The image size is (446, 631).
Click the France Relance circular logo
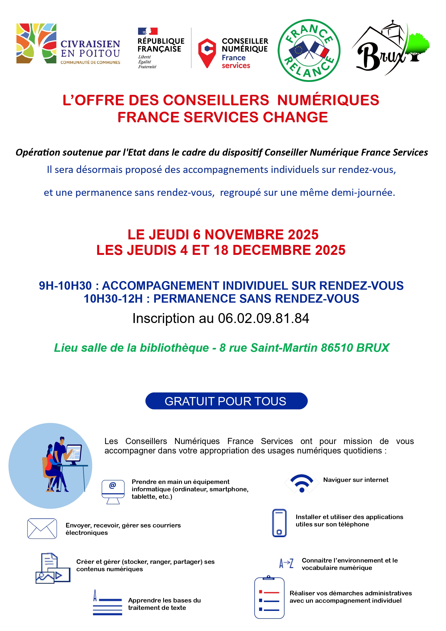[309, 51]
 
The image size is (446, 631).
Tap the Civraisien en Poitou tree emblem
[36, 43]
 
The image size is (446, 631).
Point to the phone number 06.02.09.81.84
[263, 318]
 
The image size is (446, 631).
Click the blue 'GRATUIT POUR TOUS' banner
[226, 401]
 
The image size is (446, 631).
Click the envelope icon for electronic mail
[42, 528]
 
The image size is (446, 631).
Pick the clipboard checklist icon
[269, 598]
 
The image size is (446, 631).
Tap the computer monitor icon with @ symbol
[113, 492]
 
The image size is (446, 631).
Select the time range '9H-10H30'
[65, 286]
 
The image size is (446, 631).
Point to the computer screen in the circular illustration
[74, 453]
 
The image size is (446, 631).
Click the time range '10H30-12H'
[113, 299]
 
